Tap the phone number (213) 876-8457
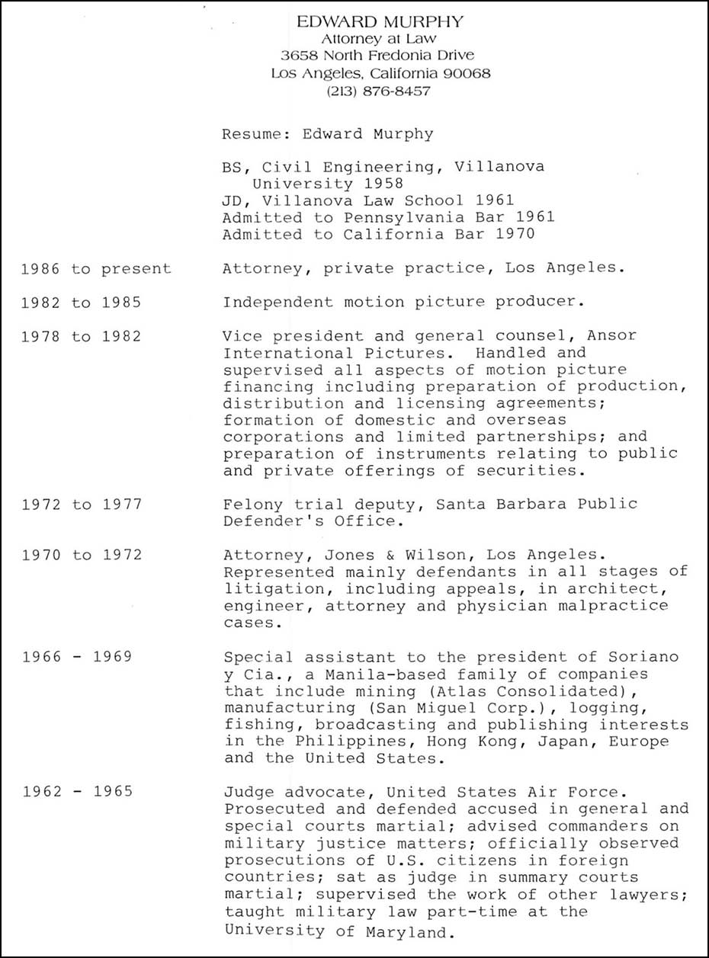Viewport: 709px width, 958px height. tap(378, 91)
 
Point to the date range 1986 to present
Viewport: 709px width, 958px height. tap(96, 268)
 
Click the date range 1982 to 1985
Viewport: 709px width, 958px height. tap(81, 302)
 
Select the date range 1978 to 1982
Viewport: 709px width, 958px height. tap(81, 335)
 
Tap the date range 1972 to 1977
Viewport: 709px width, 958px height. tap(81, 504)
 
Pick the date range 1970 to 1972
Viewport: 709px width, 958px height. tap(81, 554)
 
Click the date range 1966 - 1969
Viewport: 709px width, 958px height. tap(77, 656)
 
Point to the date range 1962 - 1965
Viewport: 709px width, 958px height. tap(77, 791)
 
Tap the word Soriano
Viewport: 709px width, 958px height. tap(646, 657)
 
